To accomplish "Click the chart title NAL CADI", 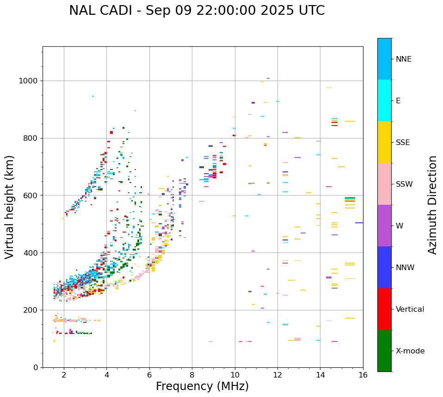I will click(197, 11).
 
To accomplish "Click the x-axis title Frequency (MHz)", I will click(202, 386).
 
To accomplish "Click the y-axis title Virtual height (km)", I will click(10, 207).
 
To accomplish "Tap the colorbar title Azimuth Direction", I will click(432, 205).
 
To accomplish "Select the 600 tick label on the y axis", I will click(31, 195).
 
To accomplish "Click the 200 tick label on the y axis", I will click(31, 310).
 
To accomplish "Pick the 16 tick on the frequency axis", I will click(363, 374).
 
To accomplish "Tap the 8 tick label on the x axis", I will click(192, 374).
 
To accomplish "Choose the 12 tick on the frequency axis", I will click(277, 374).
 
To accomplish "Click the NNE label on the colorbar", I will click(403, 59).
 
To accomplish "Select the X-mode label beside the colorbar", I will click(410, 351).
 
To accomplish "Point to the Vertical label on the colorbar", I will click(410, 309).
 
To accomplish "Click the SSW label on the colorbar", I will click(404, 184).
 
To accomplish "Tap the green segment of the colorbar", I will click(384, 351).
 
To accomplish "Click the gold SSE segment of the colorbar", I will click(384, 142).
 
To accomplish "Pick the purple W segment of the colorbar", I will click(384, 226).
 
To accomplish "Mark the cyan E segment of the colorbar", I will click(384, 101).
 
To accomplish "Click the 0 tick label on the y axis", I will click(36, 367).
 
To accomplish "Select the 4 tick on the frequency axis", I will click(106, 374).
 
